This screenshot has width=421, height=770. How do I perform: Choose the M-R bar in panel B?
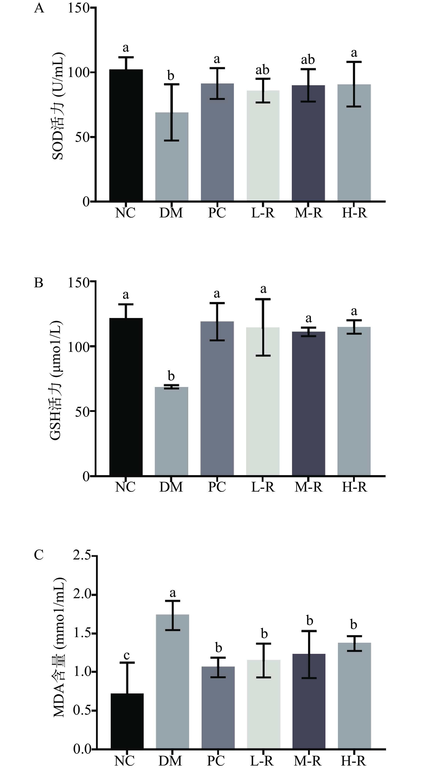(309, 403)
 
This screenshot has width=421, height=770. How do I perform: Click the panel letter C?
(39, 555)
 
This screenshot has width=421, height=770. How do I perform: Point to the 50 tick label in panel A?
(82, 137)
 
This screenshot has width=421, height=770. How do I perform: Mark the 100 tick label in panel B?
(79, 347)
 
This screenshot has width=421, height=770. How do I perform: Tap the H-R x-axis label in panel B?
(354, 487)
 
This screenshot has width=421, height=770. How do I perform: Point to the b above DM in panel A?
(171, 76)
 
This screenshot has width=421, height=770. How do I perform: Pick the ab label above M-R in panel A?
(308, 60)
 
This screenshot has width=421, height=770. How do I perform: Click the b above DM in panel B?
(171, 376)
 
